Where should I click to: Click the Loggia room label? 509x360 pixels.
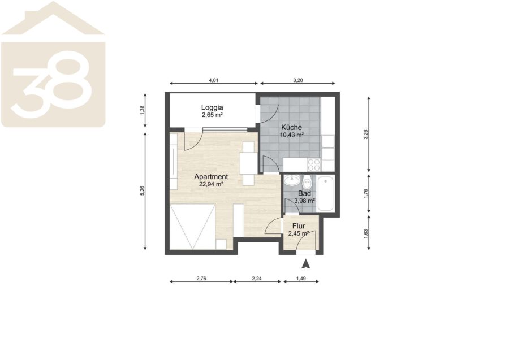[x=212, y=107]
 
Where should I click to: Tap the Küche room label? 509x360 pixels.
[x=291, y=128]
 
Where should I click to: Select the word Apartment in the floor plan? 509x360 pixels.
[x=211, y=177]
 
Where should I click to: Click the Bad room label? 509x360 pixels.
[x=304, y=194]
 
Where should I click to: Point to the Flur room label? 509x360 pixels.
[x=299, y=226]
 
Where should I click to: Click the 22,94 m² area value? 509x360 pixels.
[x=211, y=185]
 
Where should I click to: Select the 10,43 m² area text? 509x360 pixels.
[x=291, y=135]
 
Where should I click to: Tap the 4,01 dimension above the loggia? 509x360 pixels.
[x=213, y=80]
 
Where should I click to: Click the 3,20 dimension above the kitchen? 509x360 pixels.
[x=297, y=80]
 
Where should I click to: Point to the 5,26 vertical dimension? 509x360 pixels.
[x=142, y=190]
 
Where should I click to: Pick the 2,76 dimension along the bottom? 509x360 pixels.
[x=201, y=278]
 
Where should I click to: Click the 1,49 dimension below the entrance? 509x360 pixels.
[x=301, y=278]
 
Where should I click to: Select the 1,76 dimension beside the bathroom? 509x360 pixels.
[x=366, y=194]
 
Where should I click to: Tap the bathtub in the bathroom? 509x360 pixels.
[x=326, y=194]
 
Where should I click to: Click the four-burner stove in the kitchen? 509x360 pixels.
[x=314, y=164]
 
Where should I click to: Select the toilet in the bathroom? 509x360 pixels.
[x=307, y=183]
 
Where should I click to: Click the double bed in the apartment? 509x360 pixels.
[x=192, y=227]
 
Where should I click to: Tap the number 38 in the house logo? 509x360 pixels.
[x=51, y=84]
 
